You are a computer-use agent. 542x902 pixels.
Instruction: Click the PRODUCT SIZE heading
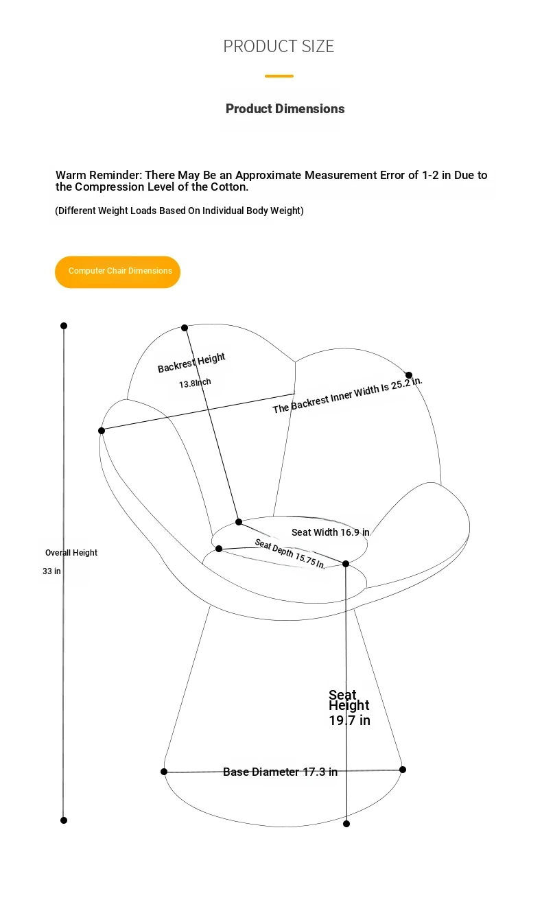pos(279,46)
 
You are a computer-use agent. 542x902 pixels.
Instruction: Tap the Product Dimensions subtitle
pos(285,108)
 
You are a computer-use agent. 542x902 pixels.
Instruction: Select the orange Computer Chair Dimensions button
pos(117,272)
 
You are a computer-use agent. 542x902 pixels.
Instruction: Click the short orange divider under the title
pos(279,76)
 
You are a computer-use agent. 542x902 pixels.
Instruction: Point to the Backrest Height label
pos(191,363)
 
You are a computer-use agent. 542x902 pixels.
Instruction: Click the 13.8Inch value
pos(195,383)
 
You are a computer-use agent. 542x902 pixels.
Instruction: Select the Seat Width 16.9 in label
pos(330,532)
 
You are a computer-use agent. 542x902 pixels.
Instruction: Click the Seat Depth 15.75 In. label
pos(290,554)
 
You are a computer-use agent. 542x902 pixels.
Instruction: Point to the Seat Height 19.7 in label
pos(349,707)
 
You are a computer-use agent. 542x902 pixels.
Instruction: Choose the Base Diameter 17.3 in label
pos(280,772)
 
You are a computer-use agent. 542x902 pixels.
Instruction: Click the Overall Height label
pos(71,553)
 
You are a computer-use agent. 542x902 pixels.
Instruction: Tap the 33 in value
pos(51,571)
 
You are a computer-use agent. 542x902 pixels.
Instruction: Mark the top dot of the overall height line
pos(64,326)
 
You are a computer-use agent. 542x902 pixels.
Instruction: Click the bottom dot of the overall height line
pos(64,820)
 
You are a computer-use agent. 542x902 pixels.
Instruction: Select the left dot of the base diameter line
pos(164,772)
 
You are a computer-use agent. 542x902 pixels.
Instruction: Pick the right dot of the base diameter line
pos(403,770)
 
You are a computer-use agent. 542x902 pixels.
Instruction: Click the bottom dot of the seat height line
pos(346,824)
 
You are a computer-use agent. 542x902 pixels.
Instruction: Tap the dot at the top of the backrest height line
pos(185,328)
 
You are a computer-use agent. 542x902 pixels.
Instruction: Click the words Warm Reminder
pos(98,176)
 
